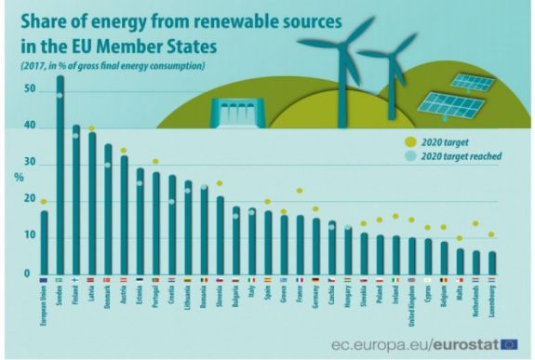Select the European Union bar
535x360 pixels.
44,243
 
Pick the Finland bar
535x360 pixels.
76,200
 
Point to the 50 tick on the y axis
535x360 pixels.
30,90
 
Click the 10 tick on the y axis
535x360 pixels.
30,236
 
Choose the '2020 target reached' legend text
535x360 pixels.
457,156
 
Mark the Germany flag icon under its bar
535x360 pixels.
316,279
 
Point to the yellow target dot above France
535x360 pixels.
301,191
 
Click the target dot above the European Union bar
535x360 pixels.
44,201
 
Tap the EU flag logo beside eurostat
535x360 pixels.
508,344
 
